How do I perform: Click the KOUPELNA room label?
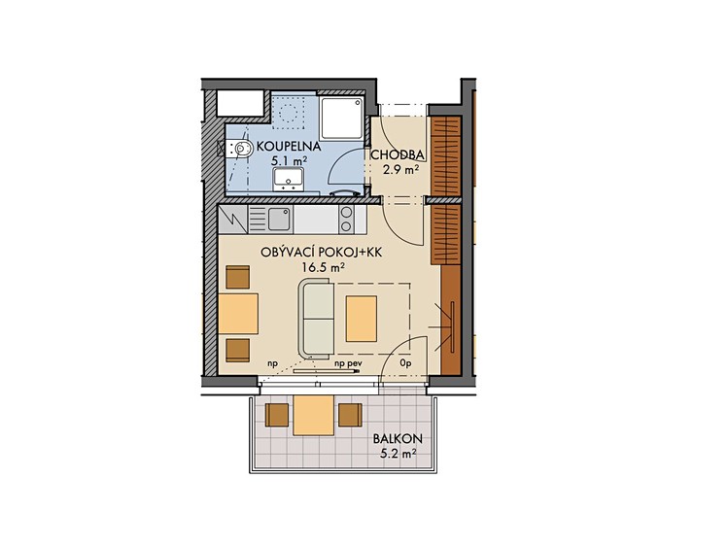pyautogui.click(x=289, y=147)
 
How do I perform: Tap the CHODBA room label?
pyautogui.click(x=397, y=154)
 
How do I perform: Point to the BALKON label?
pyautogui.click(x=398, y=438)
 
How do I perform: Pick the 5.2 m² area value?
pyautogui.click(x=398, y=454)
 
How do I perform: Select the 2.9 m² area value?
pyautogui.click(x=400, y=170)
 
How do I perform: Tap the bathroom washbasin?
pyautogui.click(x=289, y=179)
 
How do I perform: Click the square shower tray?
pyautogui.click(x=342, y=118)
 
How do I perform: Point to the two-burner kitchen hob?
pyautogui.click(x=346, y=220)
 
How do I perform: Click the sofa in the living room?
pyautogui.click(x=318, y=319)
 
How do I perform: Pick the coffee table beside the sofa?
pyautogui.click(x=361, y=319)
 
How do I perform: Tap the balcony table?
pyautogui.click(x=313, y=415)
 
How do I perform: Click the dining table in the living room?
pyautogui.click(x=238, y=313)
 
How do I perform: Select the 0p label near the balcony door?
pyautogui.click(x=406, y=363)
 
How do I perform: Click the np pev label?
pyautogui.click(x=348, y=363)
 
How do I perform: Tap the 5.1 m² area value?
pyautogui.click(x=289, y=161)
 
